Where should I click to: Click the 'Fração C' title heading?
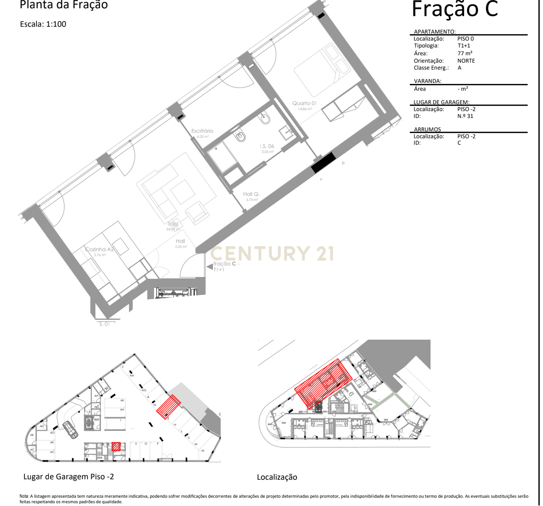(x=454, y=9)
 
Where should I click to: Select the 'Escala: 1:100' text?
(x=43, y=24)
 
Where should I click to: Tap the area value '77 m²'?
(x=465, y=53)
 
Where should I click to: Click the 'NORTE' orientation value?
(x=466, y=61)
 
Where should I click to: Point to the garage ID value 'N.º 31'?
(x=465, y=116)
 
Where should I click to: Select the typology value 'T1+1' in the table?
(x=464, y=46)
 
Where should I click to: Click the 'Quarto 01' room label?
(x=305, y=103)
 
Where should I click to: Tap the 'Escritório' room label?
(x=202, y=131)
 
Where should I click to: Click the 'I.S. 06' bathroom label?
(x=267, y=146)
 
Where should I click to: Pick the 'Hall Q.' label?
(x=251, y=194)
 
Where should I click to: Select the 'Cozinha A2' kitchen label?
(x=99, y=249)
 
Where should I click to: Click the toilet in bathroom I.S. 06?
(x=240, y=136)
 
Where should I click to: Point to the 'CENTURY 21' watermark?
(x=272, y=253)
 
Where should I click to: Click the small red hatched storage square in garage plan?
(x=116, y=446)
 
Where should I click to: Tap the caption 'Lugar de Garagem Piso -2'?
(x=69, y=477)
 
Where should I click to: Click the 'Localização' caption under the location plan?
(x=277, y=477)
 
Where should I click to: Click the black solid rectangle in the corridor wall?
(x=323, y=163)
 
